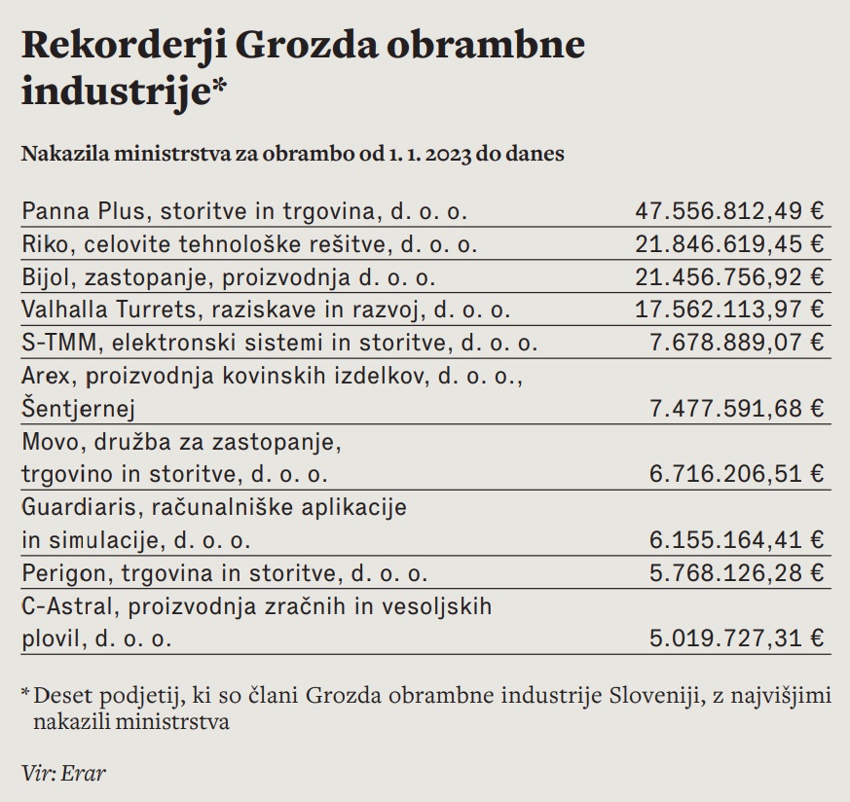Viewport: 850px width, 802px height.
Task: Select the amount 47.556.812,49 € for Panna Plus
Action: [x=728, y=210]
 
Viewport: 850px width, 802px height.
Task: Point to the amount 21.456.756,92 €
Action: [x=728, y=277]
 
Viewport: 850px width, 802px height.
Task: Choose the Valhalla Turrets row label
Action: [x=264, y=310]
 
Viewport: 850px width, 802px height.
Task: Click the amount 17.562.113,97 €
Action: [x=728, y=310]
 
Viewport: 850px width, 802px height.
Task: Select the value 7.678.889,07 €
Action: [x=736, y=343]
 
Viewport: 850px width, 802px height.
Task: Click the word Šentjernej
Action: [x=77, y=407]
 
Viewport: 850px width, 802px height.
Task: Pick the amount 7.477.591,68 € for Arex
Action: [x=736, y=407]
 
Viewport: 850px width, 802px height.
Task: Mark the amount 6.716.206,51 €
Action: [x=736, y=474]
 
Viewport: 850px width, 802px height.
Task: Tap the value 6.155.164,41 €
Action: [x=736, y=539]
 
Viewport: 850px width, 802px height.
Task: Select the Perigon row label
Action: [x=224, y=572]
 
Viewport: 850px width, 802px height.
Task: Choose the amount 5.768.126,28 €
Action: [x=736, y=572]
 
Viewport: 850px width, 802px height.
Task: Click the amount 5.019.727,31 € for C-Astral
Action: [x=736, y=638]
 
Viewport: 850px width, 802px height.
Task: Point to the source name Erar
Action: [x=85, y=774]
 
